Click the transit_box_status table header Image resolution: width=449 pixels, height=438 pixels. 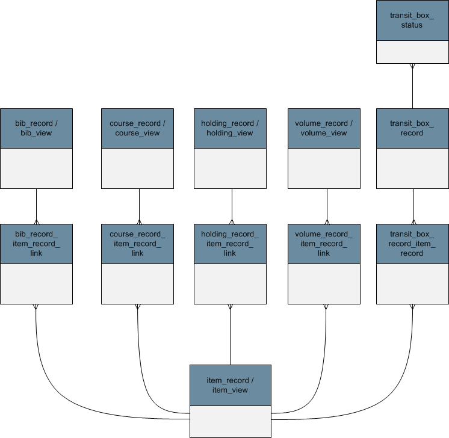pyautogui.click(x=412, y=20)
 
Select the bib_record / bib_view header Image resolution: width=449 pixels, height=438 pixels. pyautogui.click(x=36, y=129)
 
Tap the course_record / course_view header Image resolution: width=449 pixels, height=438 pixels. pyautogui.click(x=137, y=129)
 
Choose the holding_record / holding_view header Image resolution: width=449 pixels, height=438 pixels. pyautogui.click(x=231, y=129)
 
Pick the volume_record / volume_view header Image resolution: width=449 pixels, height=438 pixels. pyautogui.click(x=324, y=129)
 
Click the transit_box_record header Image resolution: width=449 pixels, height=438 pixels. pyautogui.click(x=412, y=129)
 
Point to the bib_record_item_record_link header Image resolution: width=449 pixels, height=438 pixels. pyautogui.click(x=36, y=244)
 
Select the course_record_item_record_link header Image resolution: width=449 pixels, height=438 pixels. pyautogui.click(x=137, y=244)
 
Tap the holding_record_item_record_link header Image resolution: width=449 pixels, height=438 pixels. pyautogui.click(x=231, y=244)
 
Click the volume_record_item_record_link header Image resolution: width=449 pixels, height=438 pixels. pyautogui.click(x=324, y=244)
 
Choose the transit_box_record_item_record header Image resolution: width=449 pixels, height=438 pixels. pyautogui.click(x=412, y=244)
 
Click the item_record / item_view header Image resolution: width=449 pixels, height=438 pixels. pyautogui.click(x=231, y=385)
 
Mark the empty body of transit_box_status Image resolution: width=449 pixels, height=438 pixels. pyautogui.click(x=412, y=52)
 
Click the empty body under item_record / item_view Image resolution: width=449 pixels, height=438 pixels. pyautogui.click(x=231, y=422)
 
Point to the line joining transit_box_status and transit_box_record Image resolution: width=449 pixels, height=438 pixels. pyautogui.click(x=412, y=86)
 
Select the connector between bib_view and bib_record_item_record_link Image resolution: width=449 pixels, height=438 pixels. pyautogui.click(x=36, y=206)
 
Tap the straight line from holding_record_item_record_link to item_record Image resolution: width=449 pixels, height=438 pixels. pyautogui.click(x=231, y=335)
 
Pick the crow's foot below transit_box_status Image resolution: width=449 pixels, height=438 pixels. pyautogui.click(x=412, y=66)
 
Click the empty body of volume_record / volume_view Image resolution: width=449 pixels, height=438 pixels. pyautogui.click(x=324, y=168)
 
